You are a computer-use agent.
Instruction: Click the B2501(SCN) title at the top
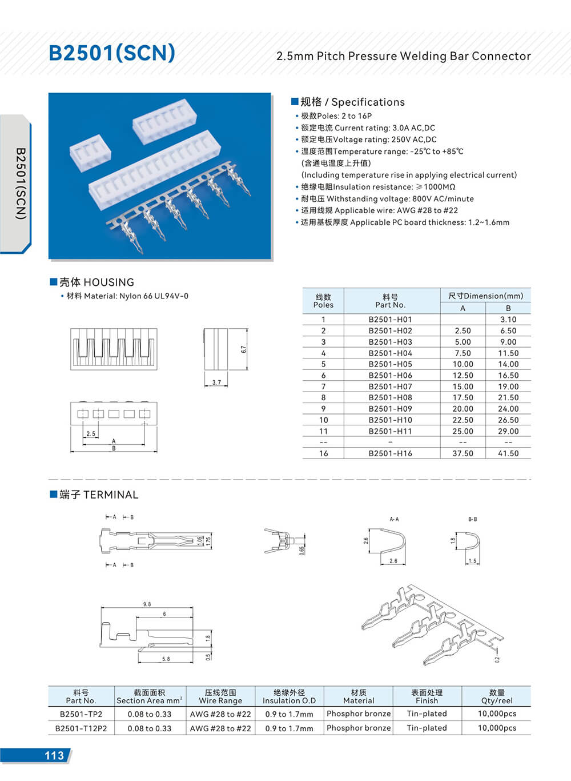point(112,53)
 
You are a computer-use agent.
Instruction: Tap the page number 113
point(54,755)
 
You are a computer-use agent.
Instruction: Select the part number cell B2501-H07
point(390,386)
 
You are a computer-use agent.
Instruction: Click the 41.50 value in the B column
point(508,453)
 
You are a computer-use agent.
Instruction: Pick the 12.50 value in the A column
point(463,376)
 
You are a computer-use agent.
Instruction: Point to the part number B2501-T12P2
point(81,728)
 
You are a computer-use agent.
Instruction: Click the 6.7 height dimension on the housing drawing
point(244,349)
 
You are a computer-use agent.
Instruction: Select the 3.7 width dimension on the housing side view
point(216,382)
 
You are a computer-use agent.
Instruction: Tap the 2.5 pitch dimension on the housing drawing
point(91,434)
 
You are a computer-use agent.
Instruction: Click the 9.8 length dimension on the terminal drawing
point(147,604)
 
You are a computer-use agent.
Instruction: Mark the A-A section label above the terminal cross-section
point(394,519)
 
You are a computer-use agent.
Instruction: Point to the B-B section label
point(472,519)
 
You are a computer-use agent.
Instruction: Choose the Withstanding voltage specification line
point(387,199)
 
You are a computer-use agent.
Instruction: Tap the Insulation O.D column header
point(289,696)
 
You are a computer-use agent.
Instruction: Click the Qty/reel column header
point(496,696)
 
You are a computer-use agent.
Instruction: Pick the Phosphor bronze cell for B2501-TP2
point(359,714)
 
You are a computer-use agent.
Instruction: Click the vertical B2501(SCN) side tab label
point(21,184)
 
